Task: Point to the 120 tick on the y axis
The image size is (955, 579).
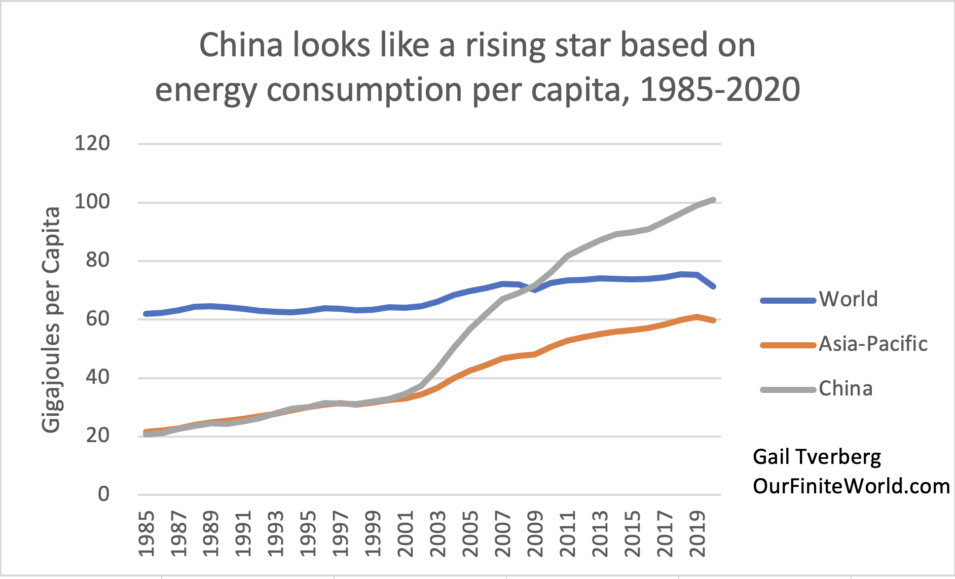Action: tap(92, 143)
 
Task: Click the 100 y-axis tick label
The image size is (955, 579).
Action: tap(92, 202)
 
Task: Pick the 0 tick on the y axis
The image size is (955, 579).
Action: tap(103, 494)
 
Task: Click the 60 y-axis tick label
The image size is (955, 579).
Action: tap(97, 319)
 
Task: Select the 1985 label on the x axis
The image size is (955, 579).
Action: tap(146, 533)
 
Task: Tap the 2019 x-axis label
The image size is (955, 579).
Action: tap(698, 533)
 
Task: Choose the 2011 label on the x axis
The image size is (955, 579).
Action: tap(568, 533)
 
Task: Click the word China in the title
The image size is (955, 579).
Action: tap(241, 45)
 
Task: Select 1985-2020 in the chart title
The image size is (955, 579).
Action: tap(720, 90)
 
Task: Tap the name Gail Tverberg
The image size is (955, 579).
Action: tap(817, 457)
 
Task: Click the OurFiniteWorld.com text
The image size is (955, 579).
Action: tap(851, 486)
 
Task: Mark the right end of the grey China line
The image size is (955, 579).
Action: tap(714, 200)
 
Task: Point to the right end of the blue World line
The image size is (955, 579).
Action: tap(714, 287)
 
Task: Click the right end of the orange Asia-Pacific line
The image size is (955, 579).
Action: tap(714, 320)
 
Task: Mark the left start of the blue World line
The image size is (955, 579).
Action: tap(146, 314)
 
